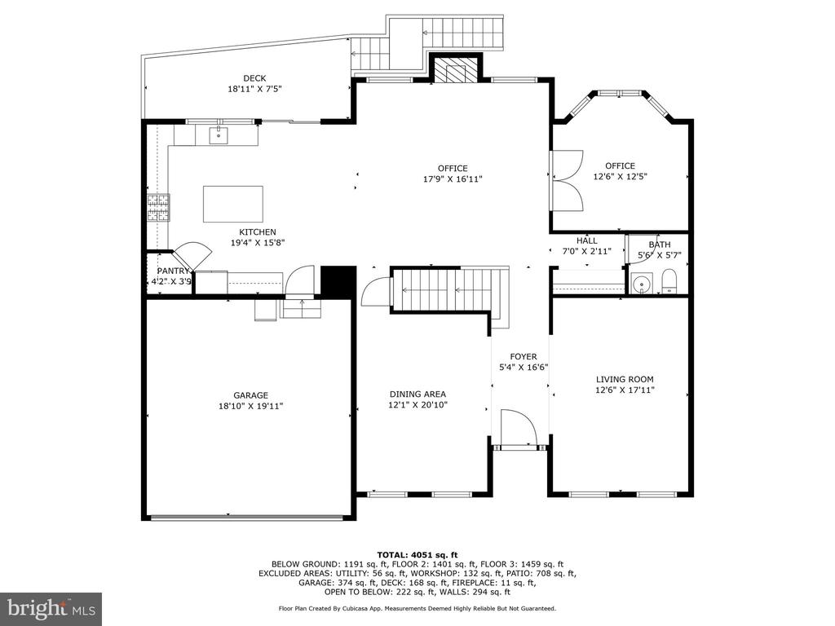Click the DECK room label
pyautogui.click(x=254, y=78)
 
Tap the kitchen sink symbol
pyautogui.click(x=219, y=135)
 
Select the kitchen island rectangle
pyautogui.click(x=232, y=204)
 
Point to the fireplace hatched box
pyautogui.click(x=455, y=70)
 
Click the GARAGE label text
pyautogui.click(x=251, y=395)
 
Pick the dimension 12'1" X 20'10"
pyautogui.click(x=418, y=404)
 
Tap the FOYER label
pyautogui.click(x=524, y=357)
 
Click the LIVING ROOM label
pyautogui.click(x=625, y=380)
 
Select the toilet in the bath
pyautogui.click(x=669, y=281)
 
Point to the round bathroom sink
pyautogui.click(x=643, y=283)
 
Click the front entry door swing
pyautogui.click(x=518, y=426)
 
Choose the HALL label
pyautogui.click(x=587, y=240)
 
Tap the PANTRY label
pyautogui.click(x=173, y=271)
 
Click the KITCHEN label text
pyautogui.click(x=258, y=232)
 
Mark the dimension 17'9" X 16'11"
pyautogui.click(x=453, y=179)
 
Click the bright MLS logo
pyautogui.click(x=51, y=607)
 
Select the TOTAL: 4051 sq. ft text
pyautogui.click(x=417, y=554)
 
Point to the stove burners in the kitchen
pyautogui.click(x=159, y=207)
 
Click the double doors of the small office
pyautogui.click(x=568, y=180)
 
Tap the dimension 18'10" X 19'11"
pyautogui.click(x=251, y=406)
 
